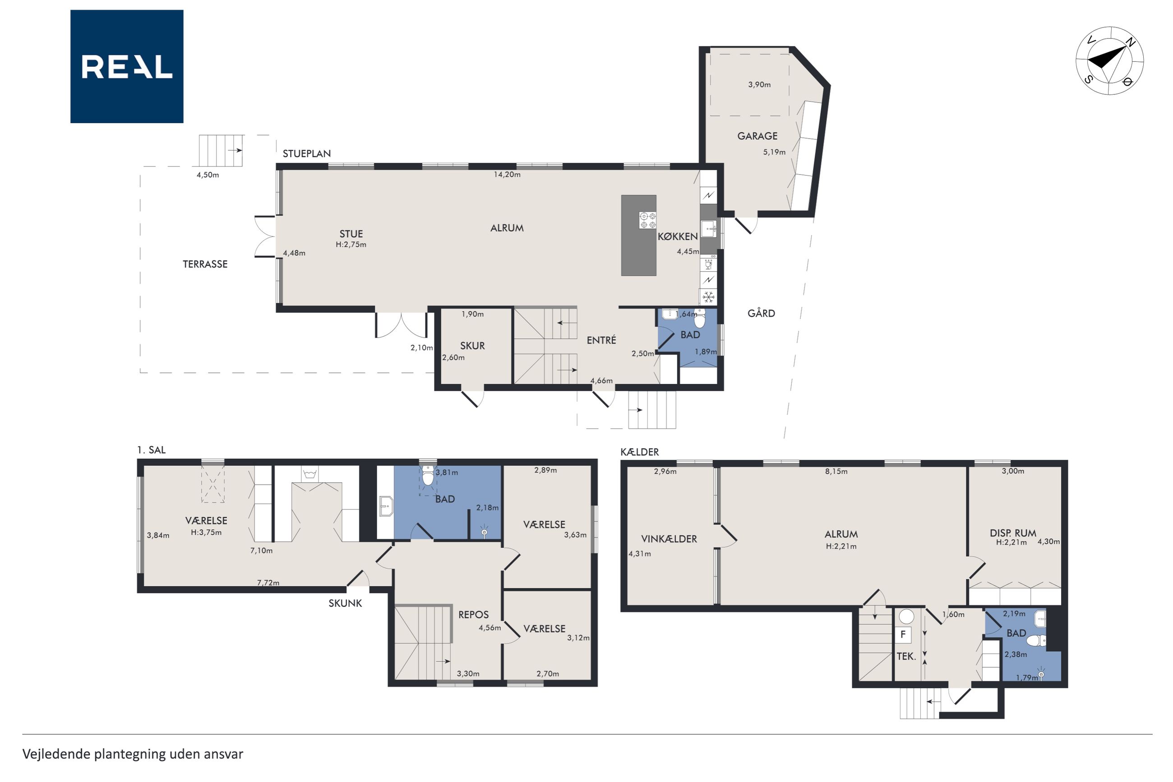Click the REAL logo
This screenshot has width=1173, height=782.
(127, 66)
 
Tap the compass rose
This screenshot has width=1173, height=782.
(1109, 61)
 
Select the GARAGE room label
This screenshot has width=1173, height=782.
(757, 136)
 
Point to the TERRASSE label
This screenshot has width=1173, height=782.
(205, 264)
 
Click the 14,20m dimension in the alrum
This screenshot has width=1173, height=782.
(507, 175)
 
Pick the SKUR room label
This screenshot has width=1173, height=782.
(472, 346)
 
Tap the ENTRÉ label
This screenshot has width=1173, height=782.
(601, 340)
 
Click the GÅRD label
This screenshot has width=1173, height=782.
(761, 313)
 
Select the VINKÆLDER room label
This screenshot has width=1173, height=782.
(669, 539)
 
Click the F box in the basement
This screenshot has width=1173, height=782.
(903, 635)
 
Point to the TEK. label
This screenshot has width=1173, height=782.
(906, 656)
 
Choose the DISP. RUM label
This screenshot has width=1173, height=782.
(1012, 533)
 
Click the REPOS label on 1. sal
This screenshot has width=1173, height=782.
(473, 615)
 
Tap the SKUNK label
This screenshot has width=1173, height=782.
(345, 603)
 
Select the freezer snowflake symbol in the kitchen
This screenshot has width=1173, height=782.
(708, 297)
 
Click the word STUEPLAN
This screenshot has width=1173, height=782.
(307, 153)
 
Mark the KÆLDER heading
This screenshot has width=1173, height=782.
(640, 452)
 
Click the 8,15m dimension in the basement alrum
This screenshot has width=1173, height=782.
(836, 471)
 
